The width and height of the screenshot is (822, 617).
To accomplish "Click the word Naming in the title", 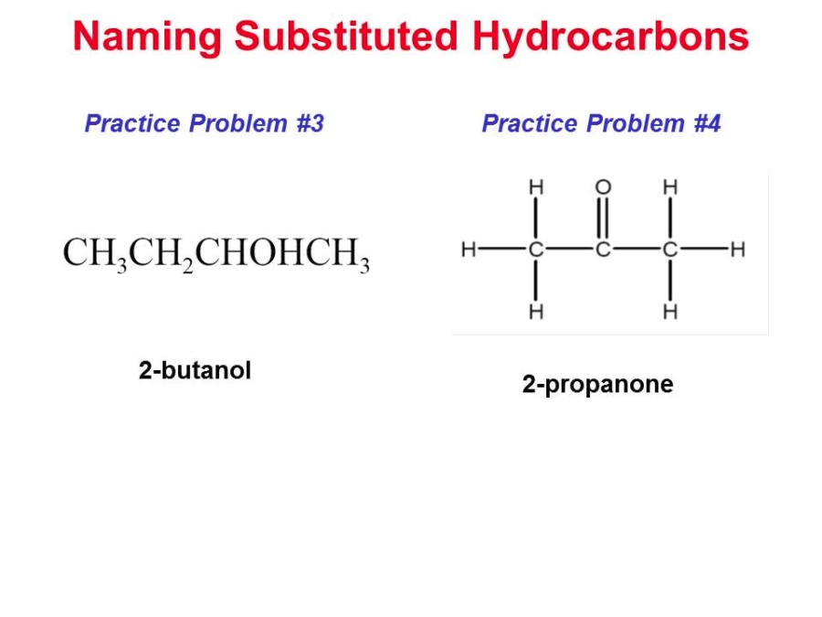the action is tap(147, 37).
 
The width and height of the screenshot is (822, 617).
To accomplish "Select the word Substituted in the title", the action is tap(346, 36).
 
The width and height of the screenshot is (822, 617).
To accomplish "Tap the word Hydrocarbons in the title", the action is tap(610, 37).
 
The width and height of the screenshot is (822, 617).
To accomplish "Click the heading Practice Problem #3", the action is tap(205, 123).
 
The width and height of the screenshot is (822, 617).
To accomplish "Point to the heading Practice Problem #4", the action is tap(601, 123).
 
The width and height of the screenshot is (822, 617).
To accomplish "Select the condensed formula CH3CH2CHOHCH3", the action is tap(216, 254).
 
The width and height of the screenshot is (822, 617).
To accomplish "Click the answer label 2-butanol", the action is tap(195, 370).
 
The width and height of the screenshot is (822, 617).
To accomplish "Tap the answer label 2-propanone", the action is tap(597, 385).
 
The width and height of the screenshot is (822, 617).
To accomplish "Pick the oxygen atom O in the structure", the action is tap(603, 187).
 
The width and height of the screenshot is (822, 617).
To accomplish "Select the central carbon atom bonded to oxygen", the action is tap(603, 250).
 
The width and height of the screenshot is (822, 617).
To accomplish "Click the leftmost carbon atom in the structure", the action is tap(536, 250).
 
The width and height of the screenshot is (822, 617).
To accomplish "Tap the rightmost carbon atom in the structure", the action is tap(670, 250).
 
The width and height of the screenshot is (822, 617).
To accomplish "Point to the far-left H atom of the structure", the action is tap(469, 250).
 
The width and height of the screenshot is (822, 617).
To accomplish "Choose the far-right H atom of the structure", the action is tap(738, 250).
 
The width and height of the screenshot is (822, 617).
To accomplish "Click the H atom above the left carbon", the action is tap(536, 187).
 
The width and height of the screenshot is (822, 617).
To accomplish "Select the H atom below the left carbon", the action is tap(536, 312).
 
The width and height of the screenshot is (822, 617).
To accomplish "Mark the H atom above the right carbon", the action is tap(670, 187).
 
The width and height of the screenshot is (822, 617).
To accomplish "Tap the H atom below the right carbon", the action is tap(670, 312).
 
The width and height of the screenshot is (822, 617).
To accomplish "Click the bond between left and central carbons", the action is tap(569, 250).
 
